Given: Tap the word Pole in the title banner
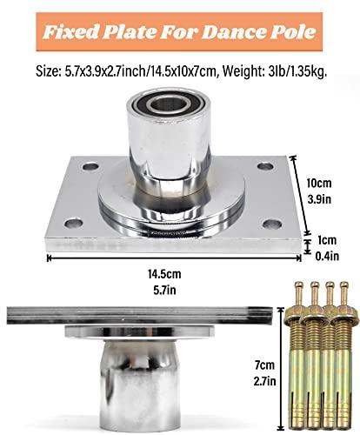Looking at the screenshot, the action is tap(293, 32).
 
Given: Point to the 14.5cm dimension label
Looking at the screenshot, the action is tap(164, 274).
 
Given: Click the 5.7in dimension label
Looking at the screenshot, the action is tap(164, 291).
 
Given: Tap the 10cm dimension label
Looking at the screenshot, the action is tap(319, 184).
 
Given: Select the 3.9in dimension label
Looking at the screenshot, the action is tap(319, 199).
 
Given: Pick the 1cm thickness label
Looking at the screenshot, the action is tap(327, 240).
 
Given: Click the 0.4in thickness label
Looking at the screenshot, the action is tap(327, 257).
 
